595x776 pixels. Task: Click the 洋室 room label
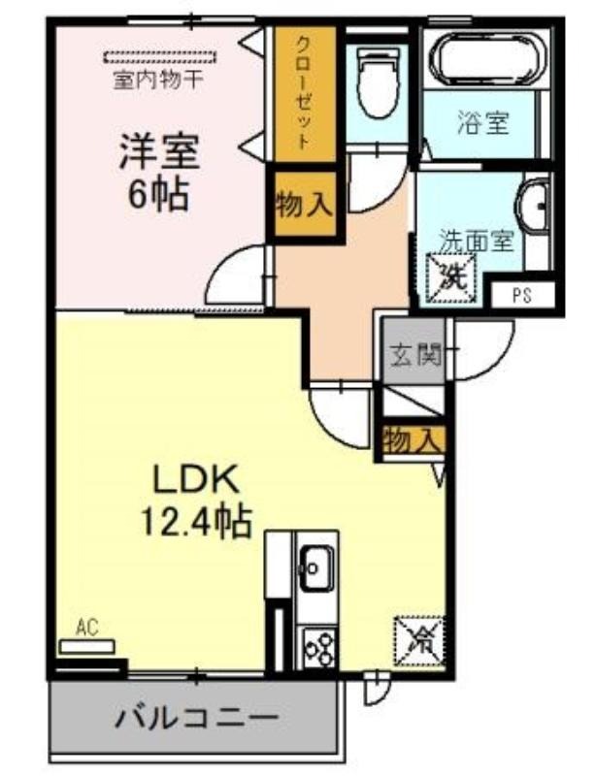click(x=158, y=152)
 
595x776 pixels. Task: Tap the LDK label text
click(x=196, y=479)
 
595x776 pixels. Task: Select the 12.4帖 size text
click(x=196, y=522)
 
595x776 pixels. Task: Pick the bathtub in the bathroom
click(x=488, y=59)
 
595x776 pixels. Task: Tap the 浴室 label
click(x=483, y=122)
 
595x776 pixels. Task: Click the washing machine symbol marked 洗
click(x=450, y=277)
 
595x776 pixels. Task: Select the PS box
click(x=522, y=296)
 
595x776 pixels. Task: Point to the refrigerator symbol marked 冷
click(x=419, y=641)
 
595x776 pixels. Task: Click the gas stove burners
click(x=319, y=648)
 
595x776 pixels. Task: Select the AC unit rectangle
click(x=86, y=646)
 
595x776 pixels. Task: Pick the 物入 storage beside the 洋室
click(x=304, y=204)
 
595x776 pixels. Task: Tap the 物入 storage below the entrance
click(x=413, y=439)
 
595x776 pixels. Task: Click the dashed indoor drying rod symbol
click(x=160, y=57)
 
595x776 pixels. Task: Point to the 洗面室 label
click(x=477, y=241)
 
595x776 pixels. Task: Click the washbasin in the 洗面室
click(x=534, y=205)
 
